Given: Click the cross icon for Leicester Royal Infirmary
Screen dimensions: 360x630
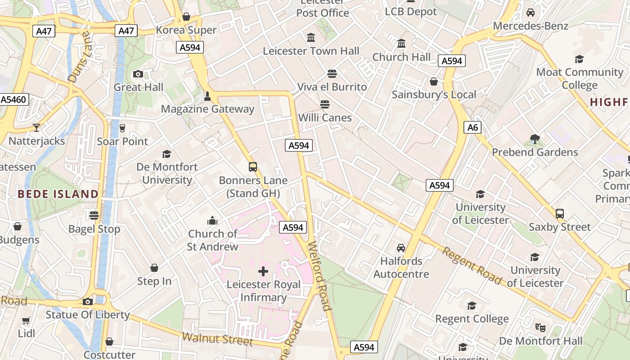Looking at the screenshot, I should point(263,271).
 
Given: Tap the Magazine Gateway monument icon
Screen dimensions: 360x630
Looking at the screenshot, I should point(207,96).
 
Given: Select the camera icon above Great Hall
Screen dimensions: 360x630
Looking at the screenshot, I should point(138,74).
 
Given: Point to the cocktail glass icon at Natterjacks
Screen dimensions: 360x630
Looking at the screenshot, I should point(36,128).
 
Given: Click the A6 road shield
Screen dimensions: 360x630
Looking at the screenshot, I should point(472,127).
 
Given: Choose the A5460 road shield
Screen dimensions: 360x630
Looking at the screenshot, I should point(14,99).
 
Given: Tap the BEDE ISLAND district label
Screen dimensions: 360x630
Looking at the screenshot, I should point(58,194).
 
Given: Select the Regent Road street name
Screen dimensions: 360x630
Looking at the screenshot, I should point(472,265).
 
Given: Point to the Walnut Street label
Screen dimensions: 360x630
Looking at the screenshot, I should point(217,338).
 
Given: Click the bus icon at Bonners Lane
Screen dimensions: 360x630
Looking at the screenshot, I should point(253,167).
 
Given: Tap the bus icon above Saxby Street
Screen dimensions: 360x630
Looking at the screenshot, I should point(560,214).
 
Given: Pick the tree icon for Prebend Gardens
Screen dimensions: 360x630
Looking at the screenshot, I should point(535,139).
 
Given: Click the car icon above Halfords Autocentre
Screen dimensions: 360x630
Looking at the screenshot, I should point(401,248).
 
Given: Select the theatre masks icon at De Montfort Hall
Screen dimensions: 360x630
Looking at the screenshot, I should point(540,328).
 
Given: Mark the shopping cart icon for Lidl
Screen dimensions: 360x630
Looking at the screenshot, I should point(26,321).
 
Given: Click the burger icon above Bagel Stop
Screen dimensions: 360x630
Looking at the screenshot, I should point(94,216).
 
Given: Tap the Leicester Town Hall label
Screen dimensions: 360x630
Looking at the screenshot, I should point(311,51).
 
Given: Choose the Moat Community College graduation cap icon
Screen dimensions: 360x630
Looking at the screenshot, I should point(579,59).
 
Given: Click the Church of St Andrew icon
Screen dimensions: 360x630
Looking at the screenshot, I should point(212,220).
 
